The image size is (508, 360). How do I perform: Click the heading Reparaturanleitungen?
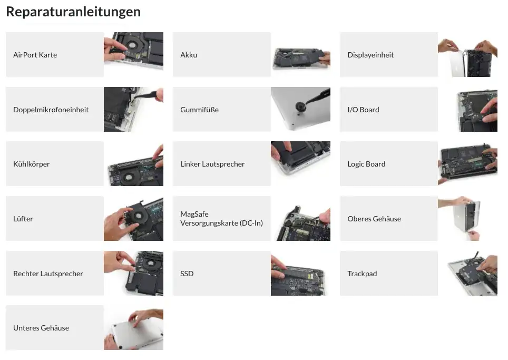tap(73, 12)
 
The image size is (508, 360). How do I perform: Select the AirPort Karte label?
tap(35, 55)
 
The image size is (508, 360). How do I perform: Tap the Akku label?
tap(189, 55)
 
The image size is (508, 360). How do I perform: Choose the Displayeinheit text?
tap(370, 55)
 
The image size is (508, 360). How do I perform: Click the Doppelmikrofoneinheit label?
tap(51, 110)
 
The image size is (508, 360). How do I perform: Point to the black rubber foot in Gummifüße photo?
tap(300, 106)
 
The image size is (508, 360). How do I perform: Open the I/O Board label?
tap(363, 110)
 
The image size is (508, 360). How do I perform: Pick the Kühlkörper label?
tap(32, 164)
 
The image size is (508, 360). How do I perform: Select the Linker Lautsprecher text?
tap(212, 164)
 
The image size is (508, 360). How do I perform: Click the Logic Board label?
tap(366, 164)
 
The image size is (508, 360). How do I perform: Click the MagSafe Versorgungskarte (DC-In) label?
tap(221, 218)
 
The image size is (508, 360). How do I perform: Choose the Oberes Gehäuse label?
tap(374, 219)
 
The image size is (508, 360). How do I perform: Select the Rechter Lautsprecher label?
tap(48, 274)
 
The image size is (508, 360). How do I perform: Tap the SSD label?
tap(187, 274)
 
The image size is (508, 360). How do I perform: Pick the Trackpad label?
tap(362, 274)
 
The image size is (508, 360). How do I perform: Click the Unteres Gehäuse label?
tap(41, 328)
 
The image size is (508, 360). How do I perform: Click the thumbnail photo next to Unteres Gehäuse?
tap(133, 328)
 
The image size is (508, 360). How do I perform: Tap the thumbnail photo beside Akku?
tap(301, 54)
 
